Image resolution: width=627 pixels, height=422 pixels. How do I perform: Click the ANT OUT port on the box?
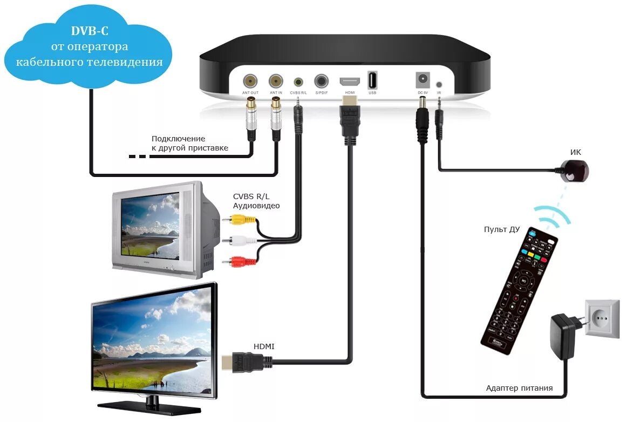point(250,81)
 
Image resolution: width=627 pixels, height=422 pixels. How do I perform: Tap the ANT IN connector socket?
point(276,81)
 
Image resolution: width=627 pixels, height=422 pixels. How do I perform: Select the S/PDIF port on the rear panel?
point(322,81)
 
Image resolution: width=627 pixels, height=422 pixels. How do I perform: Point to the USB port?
point(372,80)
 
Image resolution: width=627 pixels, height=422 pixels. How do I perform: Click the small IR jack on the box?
point(439,85)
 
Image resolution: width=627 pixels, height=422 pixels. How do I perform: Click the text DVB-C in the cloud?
point(89,31)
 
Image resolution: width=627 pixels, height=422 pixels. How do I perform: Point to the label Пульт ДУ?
point(501,229)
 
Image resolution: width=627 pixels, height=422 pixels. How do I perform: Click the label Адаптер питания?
point(519,388)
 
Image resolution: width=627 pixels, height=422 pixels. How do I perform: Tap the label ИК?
point(576,152)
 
